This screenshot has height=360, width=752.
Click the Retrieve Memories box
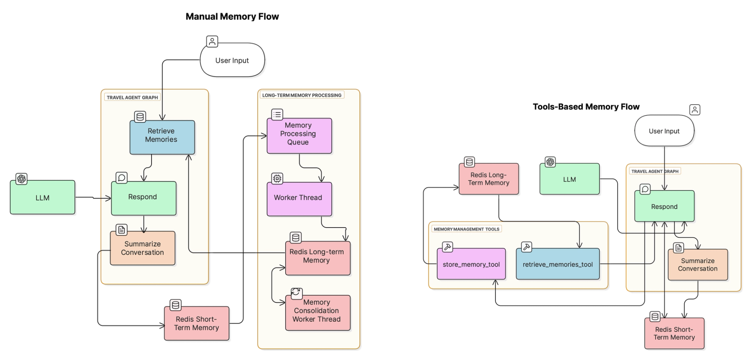(x=162, y=137)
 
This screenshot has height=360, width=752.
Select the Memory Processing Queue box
(x=299, y=136)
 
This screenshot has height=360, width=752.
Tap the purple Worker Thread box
(x=299, y=199)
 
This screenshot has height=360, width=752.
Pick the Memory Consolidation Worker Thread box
(x=318, y=313)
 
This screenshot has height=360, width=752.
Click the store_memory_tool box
(x=471, y=264)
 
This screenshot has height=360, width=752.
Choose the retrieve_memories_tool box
(x=558, y=264)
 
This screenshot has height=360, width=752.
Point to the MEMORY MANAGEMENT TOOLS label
(x=466, y=229)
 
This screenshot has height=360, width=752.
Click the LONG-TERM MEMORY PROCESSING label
(x=302, y=95)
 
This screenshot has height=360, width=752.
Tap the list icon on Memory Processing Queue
(x=277, y=114)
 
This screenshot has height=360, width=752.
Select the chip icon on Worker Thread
(x=277, y=179)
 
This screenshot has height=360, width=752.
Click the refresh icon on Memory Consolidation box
(x=296, y=293)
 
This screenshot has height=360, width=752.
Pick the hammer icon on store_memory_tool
(x=447, y=247)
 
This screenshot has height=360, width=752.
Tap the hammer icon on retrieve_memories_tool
(x=527, y=247)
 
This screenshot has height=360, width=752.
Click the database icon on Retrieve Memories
(x=140, y=117)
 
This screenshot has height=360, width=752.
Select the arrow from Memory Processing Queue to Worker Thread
(x=311, y=168)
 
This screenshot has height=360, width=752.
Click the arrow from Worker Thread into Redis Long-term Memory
(x=334, y=228)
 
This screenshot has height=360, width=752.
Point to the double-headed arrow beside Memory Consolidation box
(x=273, y=285)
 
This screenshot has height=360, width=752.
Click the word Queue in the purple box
(x=298, y=142)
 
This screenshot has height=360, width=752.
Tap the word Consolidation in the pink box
(x=316, y=311)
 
